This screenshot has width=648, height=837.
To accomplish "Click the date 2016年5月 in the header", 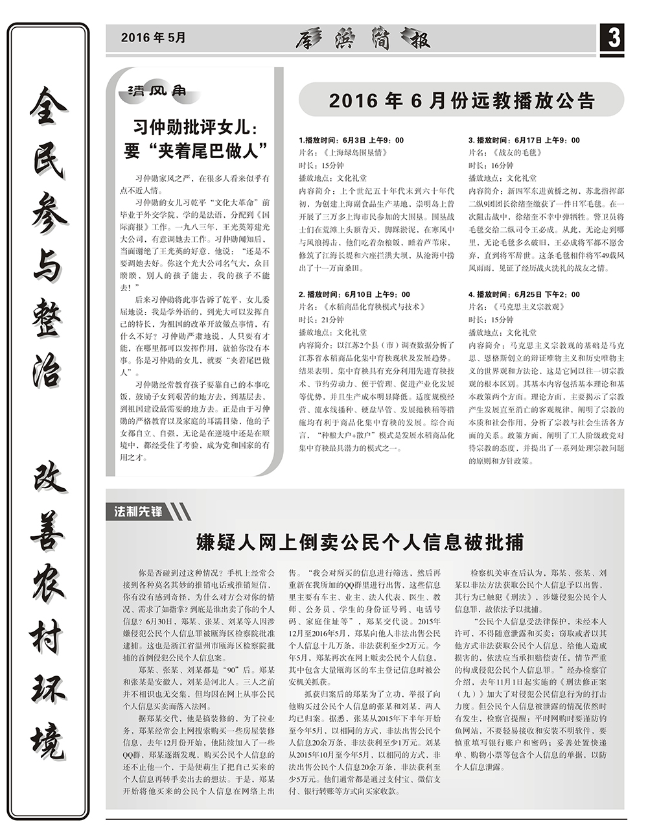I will (x=153, y=38).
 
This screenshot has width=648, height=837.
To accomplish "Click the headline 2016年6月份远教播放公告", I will (x=461, y=101).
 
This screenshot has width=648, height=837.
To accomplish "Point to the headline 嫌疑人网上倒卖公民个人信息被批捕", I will (x=360, y=542).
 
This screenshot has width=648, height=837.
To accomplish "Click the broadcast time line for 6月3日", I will (x=351, y=140).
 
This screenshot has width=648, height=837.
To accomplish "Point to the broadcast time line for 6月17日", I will (x=524, y=140).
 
